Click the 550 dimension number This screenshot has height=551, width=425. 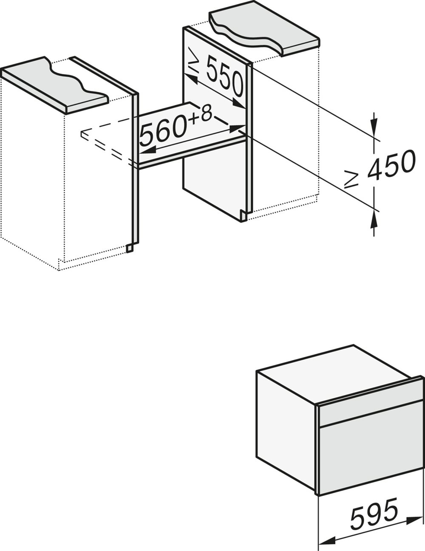pyautogui.click(x=224, y=79)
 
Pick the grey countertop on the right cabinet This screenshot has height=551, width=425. pyautogui.click(x=272, y=34)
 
